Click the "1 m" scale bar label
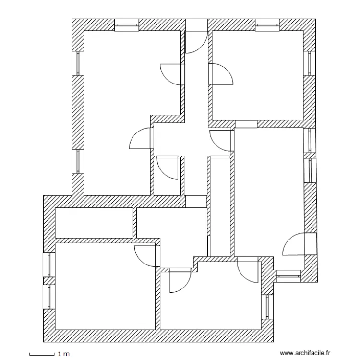click(63, 354)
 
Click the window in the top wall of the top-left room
click(127, 25)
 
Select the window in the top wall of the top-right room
click(268, 25)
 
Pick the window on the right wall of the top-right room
click(310, 63)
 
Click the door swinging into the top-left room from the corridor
click(172, 74)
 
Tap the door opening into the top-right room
click(220, 74)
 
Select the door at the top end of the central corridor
click(196, 42)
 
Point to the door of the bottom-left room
click(146, 255)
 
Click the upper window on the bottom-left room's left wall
click(49, 265)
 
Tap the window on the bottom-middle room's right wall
click(267, 306)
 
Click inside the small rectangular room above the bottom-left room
click(94, 223)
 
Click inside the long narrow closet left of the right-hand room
click(220, 206)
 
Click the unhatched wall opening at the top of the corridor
click(196, 25)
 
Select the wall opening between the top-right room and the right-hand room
click(246, 124)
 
